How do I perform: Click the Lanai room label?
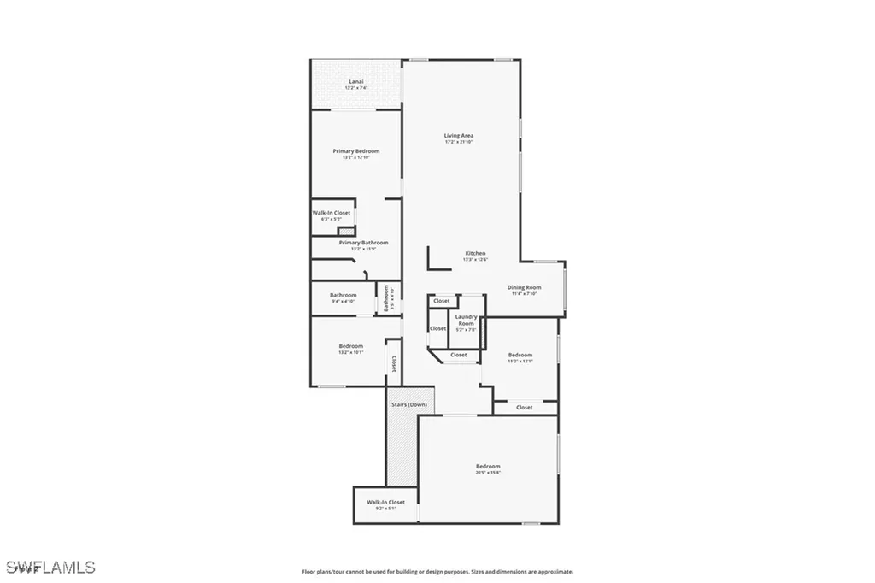[355, 82]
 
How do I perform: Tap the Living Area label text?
[458, 136]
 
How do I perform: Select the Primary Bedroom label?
[355, 151]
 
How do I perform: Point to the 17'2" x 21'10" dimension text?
[458, 143]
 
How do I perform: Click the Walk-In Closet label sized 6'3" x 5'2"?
[331, 213]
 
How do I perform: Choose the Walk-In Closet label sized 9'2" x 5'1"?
[385, 502]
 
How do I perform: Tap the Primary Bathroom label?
[363, 243]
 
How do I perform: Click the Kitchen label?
[475, 253]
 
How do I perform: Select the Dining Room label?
[524, 287]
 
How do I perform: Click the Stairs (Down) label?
[408, 404]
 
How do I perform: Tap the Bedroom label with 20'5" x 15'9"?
[488, 466]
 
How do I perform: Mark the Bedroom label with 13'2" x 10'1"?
[350, 346]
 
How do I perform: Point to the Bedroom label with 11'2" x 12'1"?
[520, 355]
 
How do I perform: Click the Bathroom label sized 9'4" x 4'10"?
[343, 296]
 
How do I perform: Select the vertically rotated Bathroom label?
[386, 297]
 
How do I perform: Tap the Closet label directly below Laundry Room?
[459, 355]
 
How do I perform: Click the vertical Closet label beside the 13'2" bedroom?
[393, 364]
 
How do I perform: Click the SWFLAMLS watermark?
[51, 567]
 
